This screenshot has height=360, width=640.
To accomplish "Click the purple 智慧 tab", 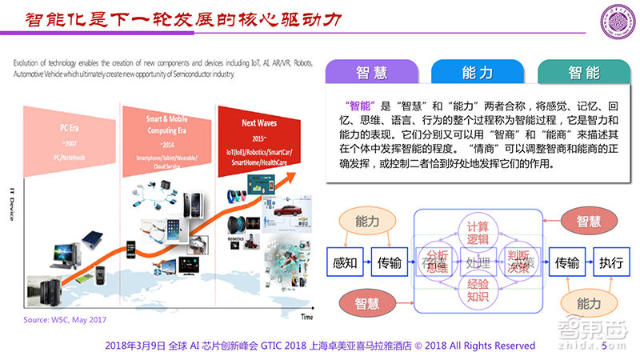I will coord(372,73).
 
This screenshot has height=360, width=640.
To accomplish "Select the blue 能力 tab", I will coord(478,73).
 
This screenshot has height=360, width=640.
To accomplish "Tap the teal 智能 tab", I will coord(584,73).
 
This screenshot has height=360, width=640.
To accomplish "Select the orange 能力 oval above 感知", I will coord(368,222).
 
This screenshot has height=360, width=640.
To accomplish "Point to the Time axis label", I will coord(306,318).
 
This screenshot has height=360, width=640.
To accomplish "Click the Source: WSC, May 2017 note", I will coord(64,320).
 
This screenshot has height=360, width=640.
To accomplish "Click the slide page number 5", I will coord(604,346).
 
